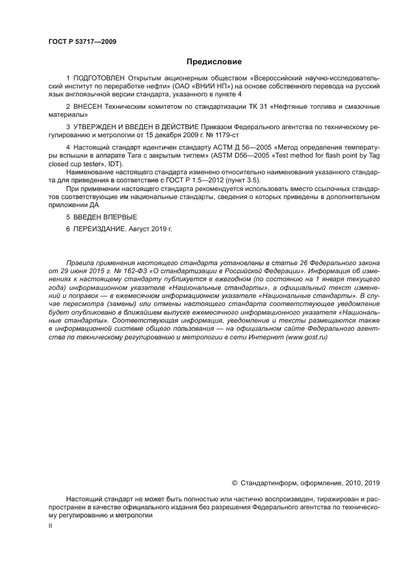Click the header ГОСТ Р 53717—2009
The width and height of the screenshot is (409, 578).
[82, 42]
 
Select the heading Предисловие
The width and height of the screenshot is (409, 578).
[214, 62]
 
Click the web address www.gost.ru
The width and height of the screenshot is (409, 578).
[305, 338]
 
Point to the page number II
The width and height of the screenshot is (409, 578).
[50, 525]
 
